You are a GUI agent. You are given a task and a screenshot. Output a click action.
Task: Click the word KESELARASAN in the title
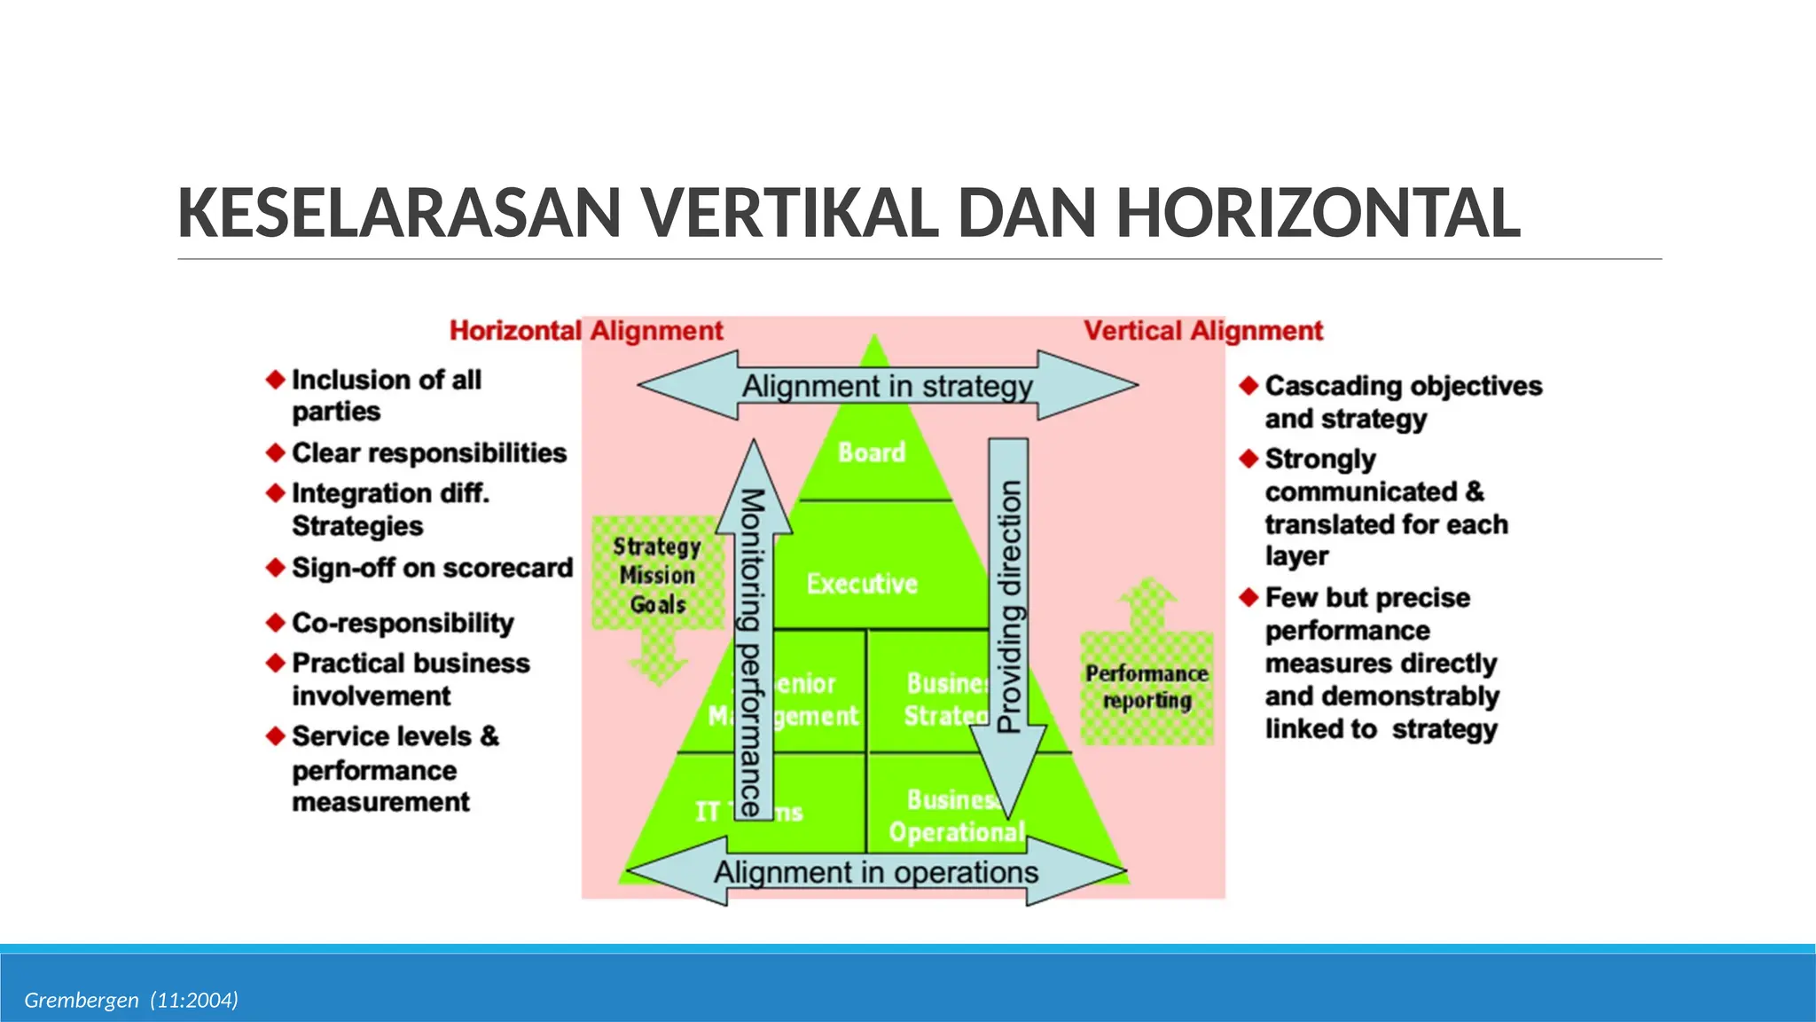[399, 214]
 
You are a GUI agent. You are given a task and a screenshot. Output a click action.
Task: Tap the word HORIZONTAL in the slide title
[1318, 214]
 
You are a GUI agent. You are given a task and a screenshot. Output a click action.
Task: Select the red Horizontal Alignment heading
[586, 331]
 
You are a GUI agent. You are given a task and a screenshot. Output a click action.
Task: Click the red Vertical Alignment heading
[1203, 331]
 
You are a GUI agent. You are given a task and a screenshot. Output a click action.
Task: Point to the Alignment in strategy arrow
[887, 386]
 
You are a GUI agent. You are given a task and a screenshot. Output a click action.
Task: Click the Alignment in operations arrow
[876, 873]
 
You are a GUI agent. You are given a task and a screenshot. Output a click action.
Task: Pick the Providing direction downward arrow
[1009, 612]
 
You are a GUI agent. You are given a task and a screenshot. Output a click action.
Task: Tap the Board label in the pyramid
[872, 452]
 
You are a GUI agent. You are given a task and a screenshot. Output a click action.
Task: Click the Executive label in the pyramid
[862, 584]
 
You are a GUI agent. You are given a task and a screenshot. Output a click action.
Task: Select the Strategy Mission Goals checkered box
[657, 575]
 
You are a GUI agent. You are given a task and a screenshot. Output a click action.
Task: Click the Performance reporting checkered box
[1147, 687]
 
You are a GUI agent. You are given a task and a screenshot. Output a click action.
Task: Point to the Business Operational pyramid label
[956, 816]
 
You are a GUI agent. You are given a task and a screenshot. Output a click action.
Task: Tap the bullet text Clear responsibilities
[429, 453]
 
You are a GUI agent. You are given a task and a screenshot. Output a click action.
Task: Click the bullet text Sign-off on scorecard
[433, 568]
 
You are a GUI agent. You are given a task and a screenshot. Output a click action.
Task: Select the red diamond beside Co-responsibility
[276, 623]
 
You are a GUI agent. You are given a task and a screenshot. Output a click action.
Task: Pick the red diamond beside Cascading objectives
[1249, 385]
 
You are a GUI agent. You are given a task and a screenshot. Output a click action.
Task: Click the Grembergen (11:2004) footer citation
[131, 1001]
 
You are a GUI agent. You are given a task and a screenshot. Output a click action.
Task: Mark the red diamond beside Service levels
[276, 735]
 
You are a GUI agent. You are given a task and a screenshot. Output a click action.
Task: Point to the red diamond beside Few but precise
[1249, 597]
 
